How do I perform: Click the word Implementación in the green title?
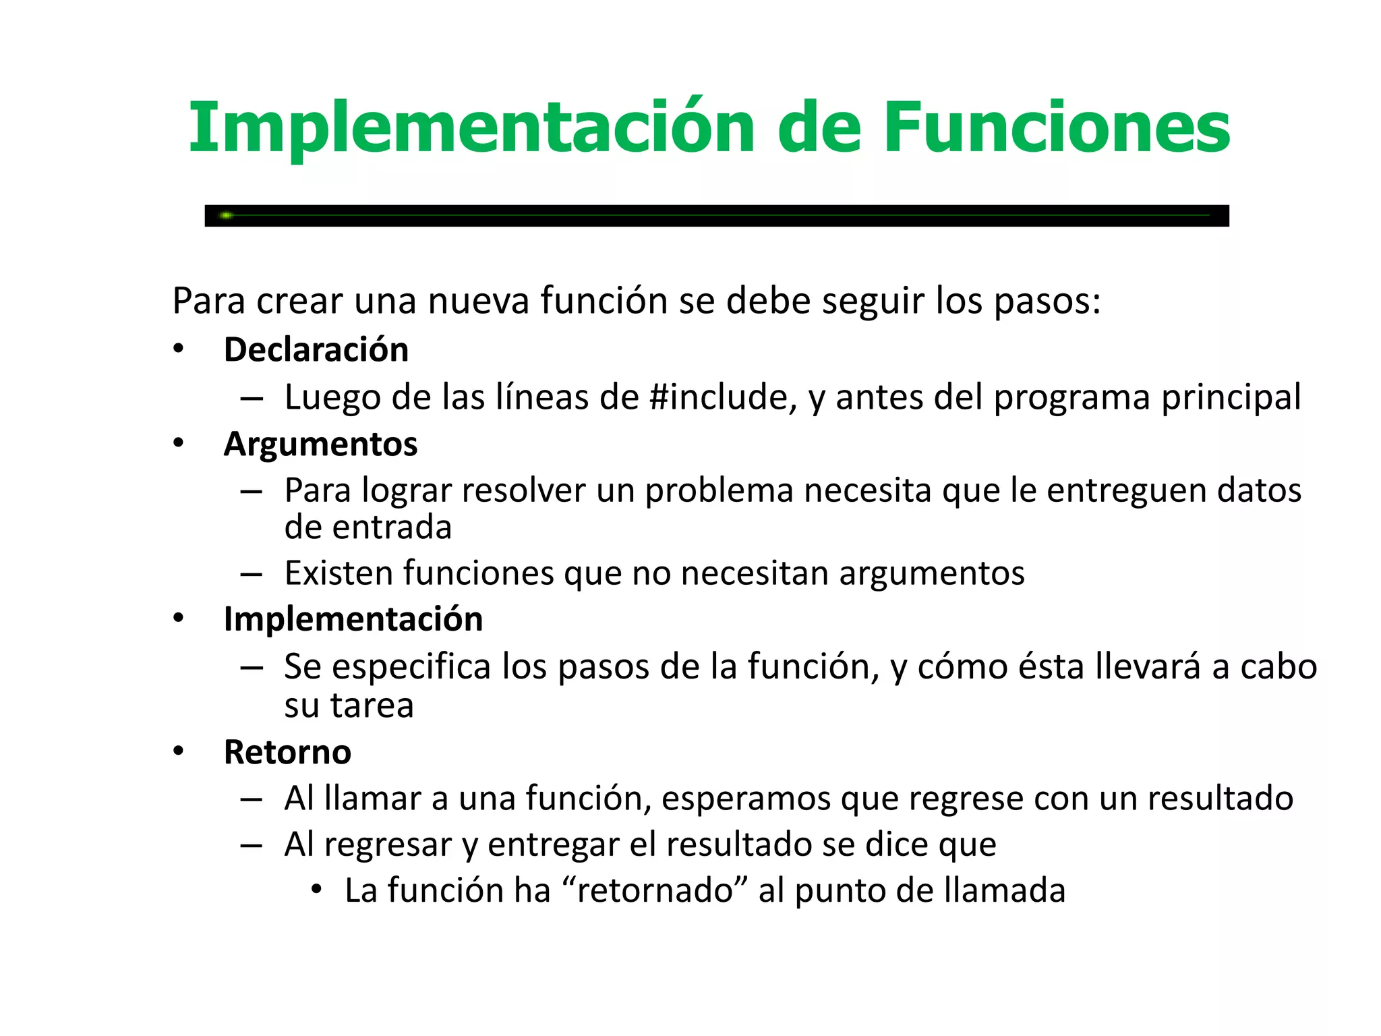[471, 128]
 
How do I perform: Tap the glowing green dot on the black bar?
[227, 215]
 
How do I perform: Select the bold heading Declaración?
[316, 350]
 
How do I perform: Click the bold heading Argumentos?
[320, 444]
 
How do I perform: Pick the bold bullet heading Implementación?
[353, 619]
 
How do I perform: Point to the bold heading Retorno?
[287, 752]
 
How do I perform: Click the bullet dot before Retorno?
[178, 751]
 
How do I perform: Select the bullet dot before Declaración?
[178, 349]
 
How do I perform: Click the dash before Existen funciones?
[251, 575]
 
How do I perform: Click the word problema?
[718, 491]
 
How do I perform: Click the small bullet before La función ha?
[316, 890]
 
